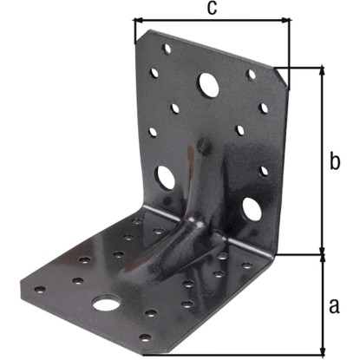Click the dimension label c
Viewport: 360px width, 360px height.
tap(212, 9)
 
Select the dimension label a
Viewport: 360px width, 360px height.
tap(334, 306)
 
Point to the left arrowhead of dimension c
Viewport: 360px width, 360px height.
tap(139, 20)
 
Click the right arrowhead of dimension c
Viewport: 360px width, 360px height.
tap(286, 20)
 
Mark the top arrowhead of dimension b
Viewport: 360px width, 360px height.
tap(322, 71)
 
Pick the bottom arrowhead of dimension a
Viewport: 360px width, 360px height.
tap(322, 350)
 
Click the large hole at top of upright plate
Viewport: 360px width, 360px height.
tap(208, 84)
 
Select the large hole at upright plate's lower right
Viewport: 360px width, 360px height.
tap(251, 208)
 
